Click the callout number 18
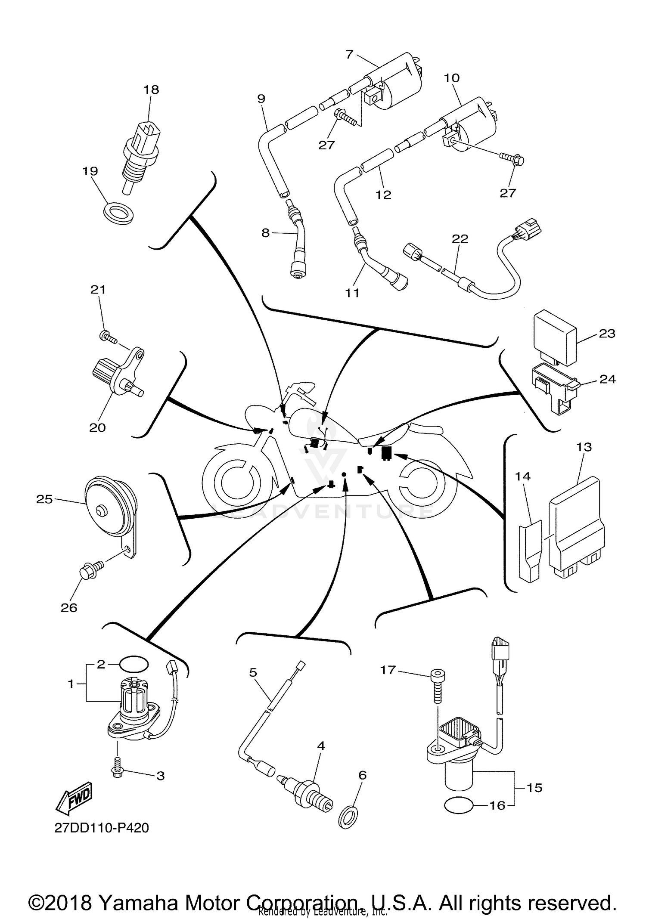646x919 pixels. click(x=151, y=90)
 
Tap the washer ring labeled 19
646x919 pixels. click(x=119, y=211)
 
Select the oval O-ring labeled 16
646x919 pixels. click(x=459, y=806)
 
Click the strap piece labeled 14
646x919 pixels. click(x=530, y=551)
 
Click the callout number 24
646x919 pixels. click(x=607, y=379)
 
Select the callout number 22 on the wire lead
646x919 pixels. click(x=460, y=238)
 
